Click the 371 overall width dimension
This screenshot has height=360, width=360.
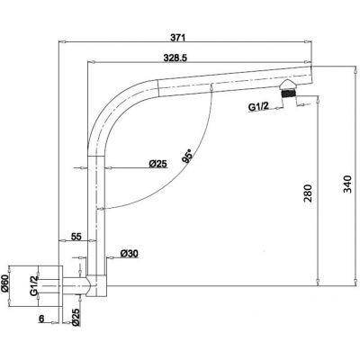[178, 38]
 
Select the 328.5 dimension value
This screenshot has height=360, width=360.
[175, 58]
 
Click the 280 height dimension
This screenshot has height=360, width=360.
[308, 193]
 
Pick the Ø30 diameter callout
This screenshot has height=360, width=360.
[130, 254]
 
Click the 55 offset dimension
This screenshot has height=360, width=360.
[76, 237]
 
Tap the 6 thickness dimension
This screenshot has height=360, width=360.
[41, 319]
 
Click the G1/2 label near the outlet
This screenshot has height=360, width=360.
[258, 107]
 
